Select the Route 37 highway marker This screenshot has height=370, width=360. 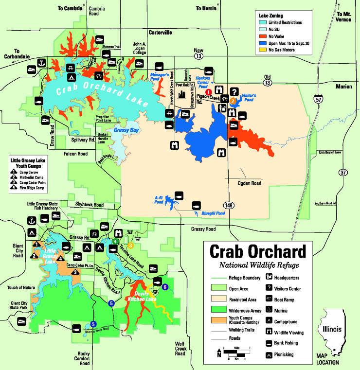pyautogui.click(x=343, y=172)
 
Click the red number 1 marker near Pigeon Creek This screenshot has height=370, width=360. pyautogui.click(x=209, y=92)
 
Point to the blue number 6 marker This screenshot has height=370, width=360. pyautogui.click(x=165, y=287)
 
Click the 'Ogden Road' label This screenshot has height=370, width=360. pyautogui.click(x=250, y=183)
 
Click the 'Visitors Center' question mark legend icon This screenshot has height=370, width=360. pyautogui.click(x=269, y=288)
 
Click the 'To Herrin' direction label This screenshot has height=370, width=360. pyautogui.click(x=206, y=8)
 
